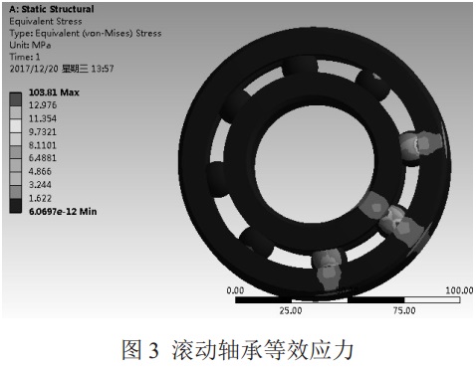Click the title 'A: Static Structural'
click(x=52, y=9)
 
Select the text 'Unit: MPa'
click(x=30, y=45)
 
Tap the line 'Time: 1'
click(x=25, y=57)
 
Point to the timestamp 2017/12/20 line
click(x=62, y=69)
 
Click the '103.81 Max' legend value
click(x=54, y=92)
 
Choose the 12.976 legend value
click(x=43, y=105)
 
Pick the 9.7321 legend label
click(x=43, y=132)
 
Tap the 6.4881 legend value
click(x=43, y=158)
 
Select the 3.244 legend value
click(x=40, y=185)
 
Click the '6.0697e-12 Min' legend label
click(x=63, y=212)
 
